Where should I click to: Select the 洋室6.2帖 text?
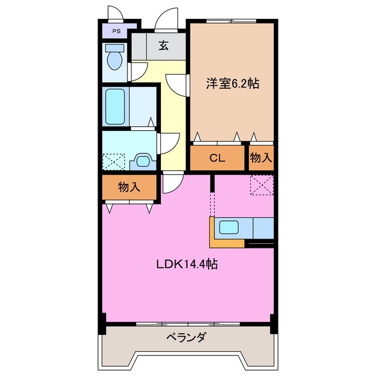pos(232,84)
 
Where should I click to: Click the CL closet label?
pos(217,157)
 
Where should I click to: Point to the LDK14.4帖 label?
pos(187,264)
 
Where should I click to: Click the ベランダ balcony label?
pos(185,338)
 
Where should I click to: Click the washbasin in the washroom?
pos(143,160)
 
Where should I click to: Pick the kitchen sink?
pos(231,227)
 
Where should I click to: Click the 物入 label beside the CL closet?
pos(261,157)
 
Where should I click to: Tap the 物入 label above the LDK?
pos(129,187)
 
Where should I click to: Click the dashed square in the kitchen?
pos(260,186)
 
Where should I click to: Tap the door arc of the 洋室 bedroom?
pos(176,83)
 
